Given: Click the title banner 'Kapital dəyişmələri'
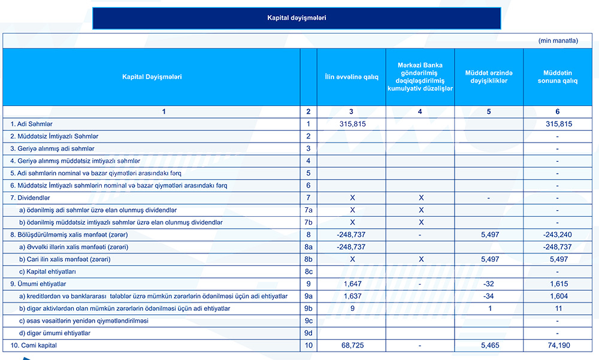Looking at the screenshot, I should click(297, 18).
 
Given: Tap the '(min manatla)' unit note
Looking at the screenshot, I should click(558, 41).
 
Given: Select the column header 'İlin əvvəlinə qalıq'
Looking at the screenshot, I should click(352, 77).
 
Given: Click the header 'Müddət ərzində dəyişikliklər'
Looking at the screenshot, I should click(489, 77).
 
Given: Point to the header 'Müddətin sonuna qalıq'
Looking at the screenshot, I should click(557, 77).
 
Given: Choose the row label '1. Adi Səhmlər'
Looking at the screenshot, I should click(32, 124).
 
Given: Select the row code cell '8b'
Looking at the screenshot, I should click(308, 259).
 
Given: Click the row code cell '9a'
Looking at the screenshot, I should click(308, 297).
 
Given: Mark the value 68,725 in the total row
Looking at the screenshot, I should click(352, 346).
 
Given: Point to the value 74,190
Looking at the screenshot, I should click(558, 346).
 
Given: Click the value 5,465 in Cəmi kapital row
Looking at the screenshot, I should click(489, 346).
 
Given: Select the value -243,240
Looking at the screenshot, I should click(558, 235).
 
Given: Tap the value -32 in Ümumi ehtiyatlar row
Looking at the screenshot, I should click(489, 284).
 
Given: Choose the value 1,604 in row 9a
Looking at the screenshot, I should click(558, 297).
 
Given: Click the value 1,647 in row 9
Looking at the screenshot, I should click(352, 284).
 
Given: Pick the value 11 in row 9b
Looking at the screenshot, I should click(558, 308).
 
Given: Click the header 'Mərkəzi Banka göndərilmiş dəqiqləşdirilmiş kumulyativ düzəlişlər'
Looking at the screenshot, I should click(420, 77).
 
